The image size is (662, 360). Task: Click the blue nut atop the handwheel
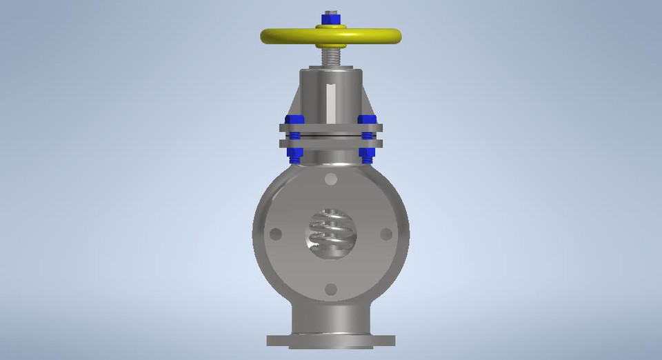(x=330, y=17)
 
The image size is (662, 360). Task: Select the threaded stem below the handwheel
(x=330, y=54)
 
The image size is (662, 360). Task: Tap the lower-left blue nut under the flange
(x=294, y=155)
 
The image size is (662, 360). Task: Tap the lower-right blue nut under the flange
(x=367, y=155)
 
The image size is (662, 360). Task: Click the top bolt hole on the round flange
(x=331, y=180)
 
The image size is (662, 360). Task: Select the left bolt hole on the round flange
(x=276, y=234)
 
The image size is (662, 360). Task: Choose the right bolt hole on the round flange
(x=385, y=234)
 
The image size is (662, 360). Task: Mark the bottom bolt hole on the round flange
(x=331, y=289)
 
